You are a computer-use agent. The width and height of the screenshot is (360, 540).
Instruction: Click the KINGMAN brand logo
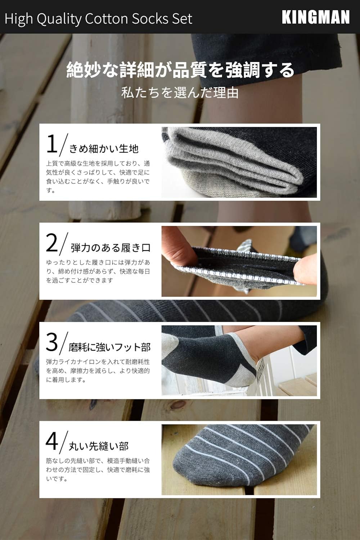(x=315, y=17)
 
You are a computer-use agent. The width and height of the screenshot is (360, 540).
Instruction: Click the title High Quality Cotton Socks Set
(x=98, y=18)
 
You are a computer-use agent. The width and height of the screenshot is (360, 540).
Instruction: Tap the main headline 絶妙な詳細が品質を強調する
(x=180, y=69)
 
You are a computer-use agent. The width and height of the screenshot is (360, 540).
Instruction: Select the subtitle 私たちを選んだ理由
(x=180, y=93)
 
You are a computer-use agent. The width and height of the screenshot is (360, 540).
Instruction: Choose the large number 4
(x=52, y=441)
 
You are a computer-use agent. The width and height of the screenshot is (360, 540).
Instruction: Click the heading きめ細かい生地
(x=104, y=148)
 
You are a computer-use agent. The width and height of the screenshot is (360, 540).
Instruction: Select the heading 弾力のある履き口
(x=110, y=248)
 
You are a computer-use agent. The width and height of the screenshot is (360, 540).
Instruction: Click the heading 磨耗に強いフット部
(x=109, y=347)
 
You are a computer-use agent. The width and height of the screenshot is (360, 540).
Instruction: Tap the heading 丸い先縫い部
(x=99, y=446)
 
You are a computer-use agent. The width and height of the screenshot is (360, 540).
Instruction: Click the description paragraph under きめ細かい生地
(x=98, y=177)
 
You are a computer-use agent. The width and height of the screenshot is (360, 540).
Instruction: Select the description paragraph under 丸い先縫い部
(x=98, y=469)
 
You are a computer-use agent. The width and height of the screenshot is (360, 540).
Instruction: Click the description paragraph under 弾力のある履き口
(x=98, y=271)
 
